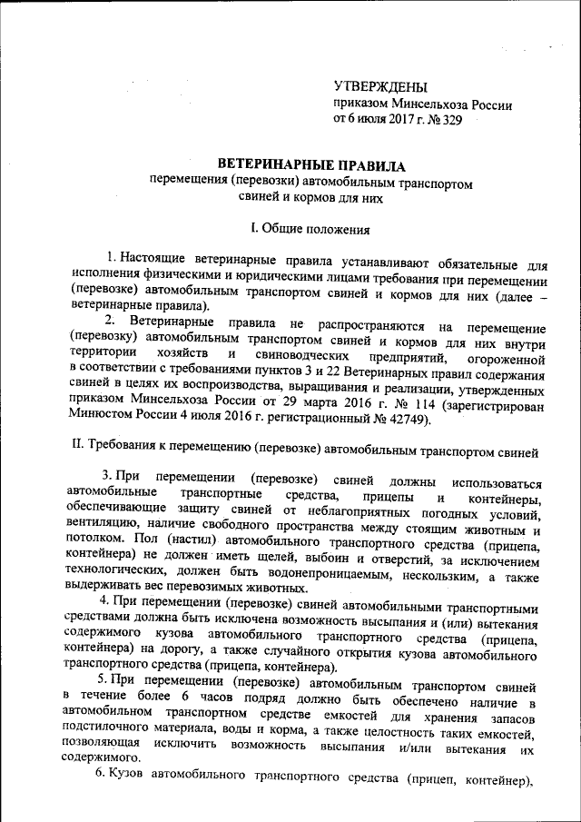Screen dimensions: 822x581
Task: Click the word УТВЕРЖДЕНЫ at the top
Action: point(379,87)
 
